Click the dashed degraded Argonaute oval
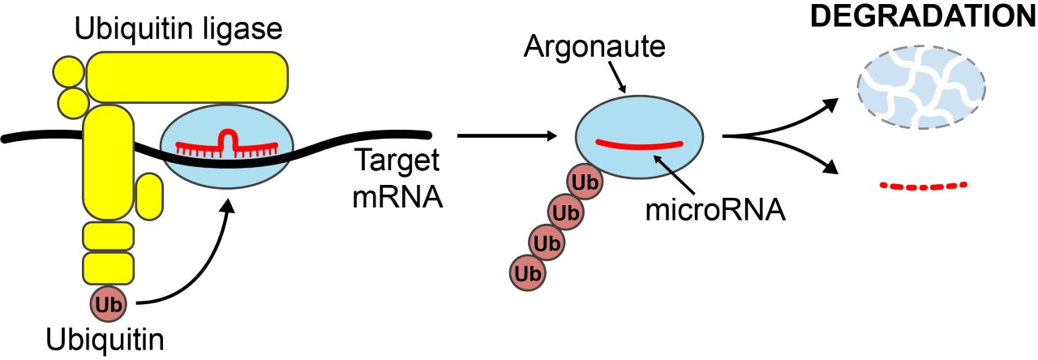pyautogui.click(x=921, y=85)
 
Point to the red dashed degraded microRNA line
pyautogui.click(x=924, y=186)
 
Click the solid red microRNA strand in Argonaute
pyautogui.click(x=639, y=144)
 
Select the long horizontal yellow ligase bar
pyautogui.click(x=187, y=78)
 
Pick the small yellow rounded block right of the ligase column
pyautogui.click(x=148, y=196)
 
